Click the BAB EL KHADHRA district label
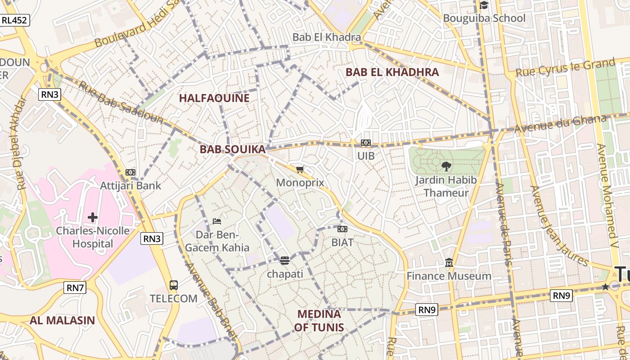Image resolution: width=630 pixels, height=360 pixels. click(x=392, y=72)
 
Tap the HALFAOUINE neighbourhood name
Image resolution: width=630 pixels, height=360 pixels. click(x=214, y=98)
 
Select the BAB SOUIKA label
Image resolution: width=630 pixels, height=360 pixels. click(x=233, y=149)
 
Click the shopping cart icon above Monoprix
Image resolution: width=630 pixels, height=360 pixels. click(x=300, y=170)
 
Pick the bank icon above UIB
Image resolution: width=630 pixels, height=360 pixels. click(x=366, y=143)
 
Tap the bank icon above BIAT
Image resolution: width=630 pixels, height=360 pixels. click(x=342, y=229)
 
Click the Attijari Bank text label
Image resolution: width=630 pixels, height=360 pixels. click(x=130, y=185)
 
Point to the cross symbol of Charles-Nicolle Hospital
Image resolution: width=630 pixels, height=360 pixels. click(x=93, y=217)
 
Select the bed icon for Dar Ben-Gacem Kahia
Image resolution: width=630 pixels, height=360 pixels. click(x=217, y=221)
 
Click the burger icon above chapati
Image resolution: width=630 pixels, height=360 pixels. click(x=284, y=260)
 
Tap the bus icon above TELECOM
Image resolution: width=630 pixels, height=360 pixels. click(x=174, y=285)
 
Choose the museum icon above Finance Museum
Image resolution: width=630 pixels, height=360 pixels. click(x=449, y=262)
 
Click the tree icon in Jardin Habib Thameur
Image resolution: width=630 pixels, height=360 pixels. click(x=446, y=166)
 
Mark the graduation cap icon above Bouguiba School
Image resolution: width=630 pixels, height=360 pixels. click(x=484, y=5)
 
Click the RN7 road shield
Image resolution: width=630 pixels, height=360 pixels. click(x=75, y=287)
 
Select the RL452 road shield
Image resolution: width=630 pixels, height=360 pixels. click(x=15, y=20)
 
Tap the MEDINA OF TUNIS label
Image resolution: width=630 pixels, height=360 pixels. click(x=319, y=320)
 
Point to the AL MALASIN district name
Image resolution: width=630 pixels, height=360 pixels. click(x=62, y=320)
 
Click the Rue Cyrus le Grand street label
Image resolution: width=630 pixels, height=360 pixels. click(x=565, y=67)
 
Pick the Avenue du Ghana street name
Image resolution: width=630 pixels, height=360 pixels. click(x=561, y=124)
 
